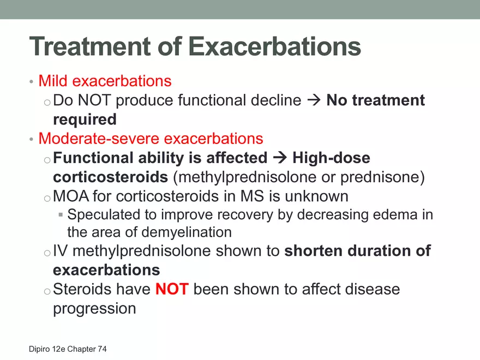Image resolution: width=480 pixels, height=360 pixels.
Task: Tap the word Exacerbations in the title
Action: (x=274, y=46)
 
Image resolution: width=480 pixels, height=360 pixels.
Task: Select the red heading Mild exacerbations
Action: (x=105, y=81)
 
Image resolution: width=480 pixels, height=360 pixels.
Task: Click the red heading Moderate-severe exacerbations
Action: (x=151, y=139)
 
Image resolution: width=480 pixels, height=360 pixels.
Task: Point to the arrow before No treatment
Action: (x=314, y=100)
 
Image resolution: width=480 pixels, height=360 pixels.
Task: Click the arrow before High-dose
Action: (x=280, y=158)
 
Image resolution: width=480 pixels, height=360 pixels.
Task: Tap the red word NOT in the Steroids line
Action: (x=172, y=289)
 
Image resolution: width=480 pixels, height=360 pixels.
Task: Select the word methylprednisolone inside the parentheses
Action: (x=247, y=177)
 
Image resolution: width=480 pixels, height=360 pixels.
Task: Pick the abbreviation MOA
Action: (x=71, y=196)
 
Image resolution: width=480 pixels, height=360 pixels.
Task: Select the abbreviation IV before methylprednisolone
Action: (x=61, y=251)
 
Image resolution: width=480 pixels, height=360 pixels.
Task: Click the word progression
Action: (x=94, y=309)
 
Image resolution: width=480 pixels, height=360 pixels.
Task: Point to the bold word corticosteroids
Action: (x=111, y=177)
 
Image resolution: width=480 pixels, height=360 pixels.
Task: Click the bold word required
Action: (x=85, y=119)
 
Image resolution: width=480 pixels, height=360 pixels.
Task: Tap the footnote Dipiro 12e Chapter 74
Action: (x=68, y=349)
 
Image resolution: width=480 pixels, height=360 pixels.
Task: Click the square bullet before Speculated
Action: (x=61, y=215)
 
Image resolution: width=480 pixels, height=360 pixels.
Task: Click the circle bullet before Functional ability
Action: (x=47, y=160)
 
